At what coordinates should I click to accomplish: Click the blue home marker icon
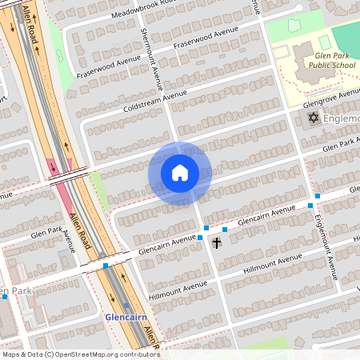(180, 172)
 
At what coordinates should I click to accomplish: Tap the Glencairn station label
(126, 317)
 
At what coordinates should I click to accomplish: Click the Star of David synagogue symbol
(313, 118)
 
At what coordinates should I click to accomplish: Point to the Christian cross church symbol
(217, 242)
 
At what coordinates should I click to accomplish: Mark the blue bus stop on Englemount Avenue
(318, 195)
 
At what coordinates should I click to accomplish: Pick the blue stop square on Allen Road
(106, 265)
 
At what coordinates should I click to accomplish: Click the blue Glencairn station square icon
(126, 305)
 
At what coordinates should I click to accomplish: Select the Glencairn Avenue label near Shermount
(166, 244)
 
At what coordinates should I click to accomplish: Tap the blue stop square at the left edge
(5, 296)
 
